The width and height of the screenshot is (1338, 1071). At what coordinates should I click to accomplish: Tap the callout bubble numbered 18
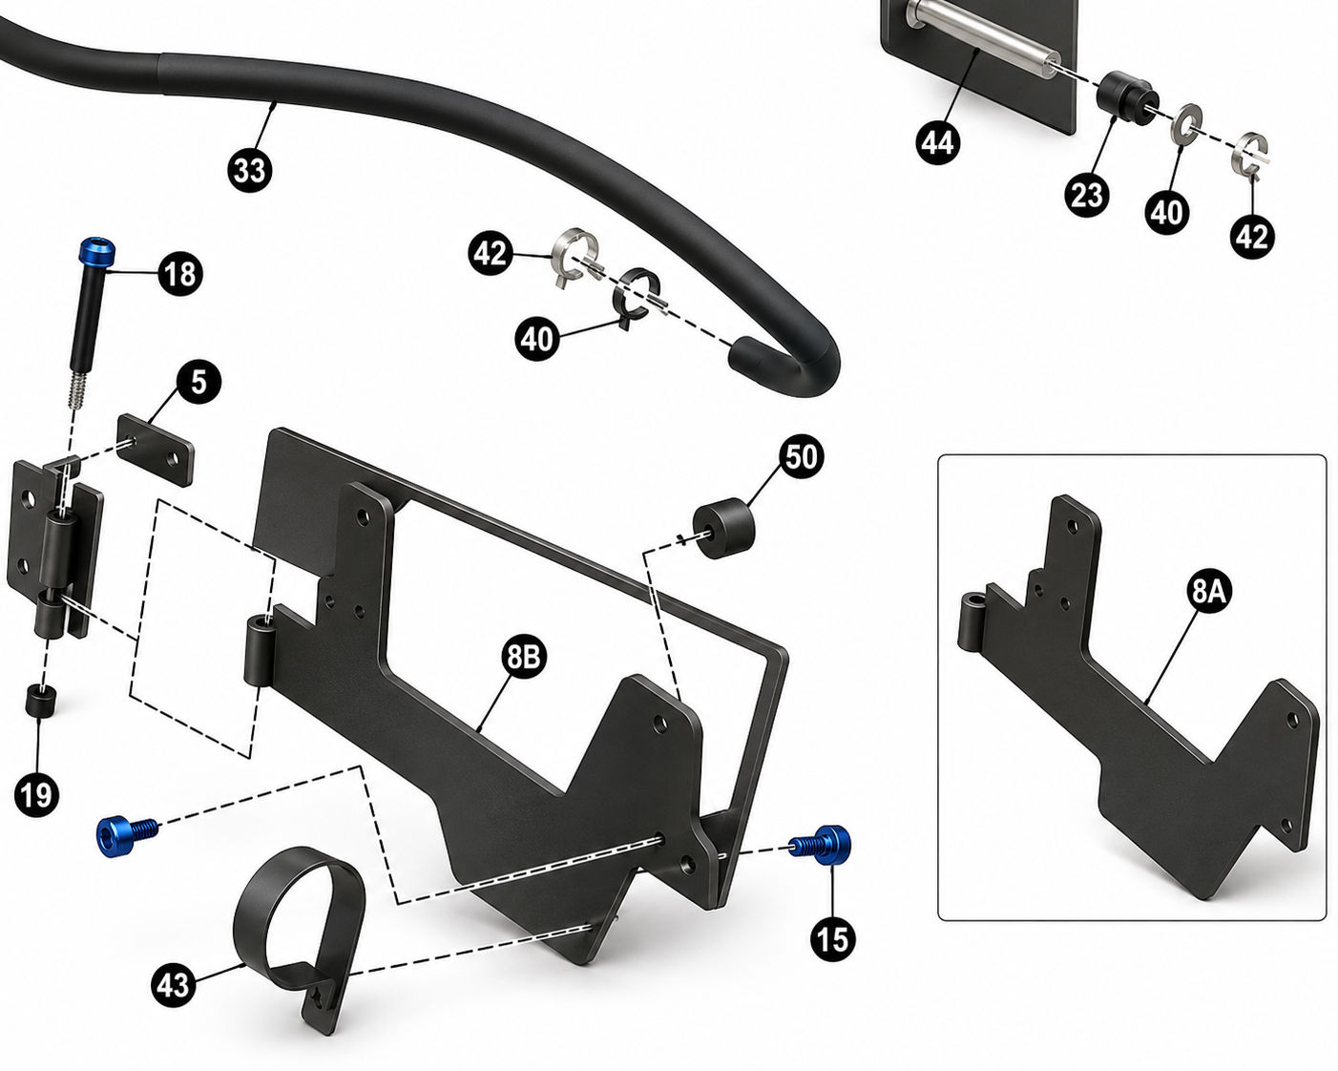coord(180,274)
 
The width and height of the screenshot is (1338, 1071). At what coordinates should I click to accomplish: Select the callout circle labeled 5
coord(199,381)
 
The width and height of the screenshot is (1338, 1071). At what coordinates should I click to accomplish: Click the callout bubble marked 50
coord(802,456)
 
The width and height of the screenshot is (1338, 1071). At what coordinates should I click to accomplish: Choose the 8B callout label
coord(524,657)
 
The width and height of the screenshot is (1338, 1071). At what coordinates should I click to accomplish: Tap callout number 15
coord(832,938)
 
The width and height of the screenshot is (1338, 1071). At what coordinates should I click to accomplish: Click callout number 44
coord(937,142)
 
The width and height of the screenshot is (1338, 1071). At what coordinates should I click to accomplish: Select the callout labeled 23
coord(1087,196)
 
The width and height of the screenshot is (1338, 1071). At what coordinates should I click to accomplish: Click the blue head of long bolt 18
coord(97,251)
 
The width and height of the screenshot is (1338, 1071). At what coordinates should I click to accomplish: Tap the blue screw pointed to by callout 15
coord(822,845)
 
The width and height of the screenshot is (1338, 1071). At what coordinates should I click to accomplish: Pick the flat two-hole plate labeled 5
coord(156,450)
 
